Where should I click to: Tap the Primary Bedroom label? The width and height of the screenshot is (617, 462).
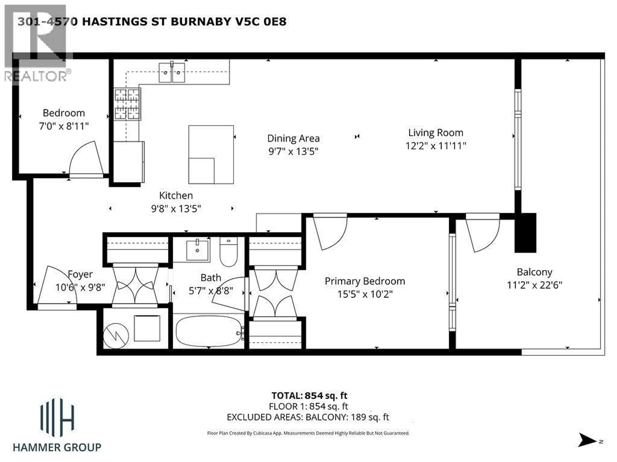[365, 281]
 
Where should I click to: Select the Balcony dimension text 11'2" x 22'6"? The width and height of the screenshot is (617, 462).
[534, 285]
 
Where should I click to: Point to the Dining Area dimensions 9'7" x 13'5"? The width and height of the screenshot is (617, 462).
[293, 151]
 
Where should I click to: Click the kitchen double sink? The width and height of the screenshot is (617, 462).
[172, 72]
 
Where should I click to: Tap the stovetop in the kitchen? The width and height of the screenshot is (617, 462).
[127, 104]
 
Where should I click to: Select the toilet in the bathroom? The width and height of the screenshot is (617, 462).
[228, 252]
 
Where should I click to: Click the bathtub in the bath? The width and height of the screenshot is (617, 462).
[209, 331]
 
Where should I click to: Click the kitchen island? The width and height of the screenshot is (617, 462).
[211, 154]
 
